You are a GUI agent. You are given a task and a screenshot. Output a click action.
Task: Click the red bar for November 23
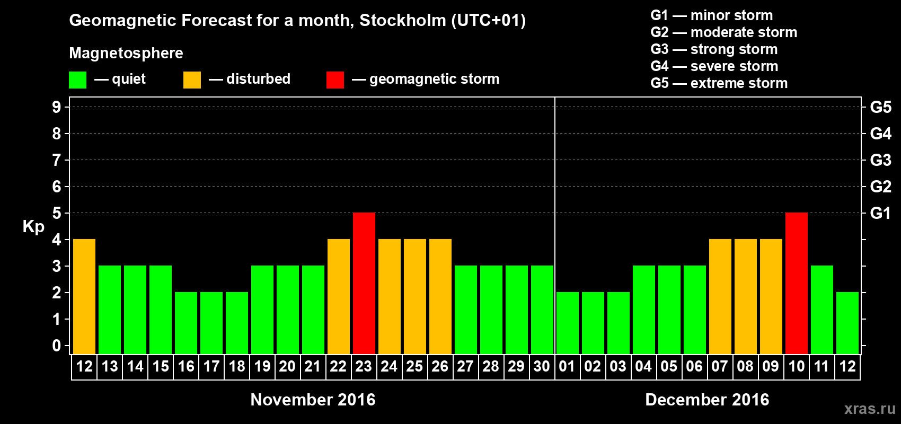coord(364,283)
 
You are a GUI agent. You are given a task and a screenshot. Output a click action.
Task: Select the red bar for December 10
coord(797,283)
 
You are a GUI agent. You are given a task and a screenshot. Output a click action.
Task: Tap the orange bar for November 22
coord(339,296)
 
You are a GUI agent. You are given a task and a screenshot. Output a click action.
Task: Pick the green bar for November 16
coord(186,323)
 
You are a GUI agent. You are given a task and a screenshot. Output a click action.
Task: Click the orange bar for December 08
coord(746,296)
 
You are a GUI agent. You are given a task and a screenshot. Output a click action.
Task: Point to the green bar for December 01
coord(568,323)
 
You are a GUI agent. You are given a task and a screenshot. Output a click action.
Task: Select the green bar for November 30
coord(542,310)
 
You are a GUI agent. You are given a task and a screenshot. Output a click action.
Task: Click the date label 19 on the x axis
coord(262,366)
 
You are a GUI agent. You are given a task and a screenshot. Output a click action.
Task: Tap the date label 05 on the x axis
coord(669,366)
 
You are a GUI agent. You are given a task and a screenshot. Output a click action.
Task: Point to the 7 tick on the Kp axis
coord(57,160)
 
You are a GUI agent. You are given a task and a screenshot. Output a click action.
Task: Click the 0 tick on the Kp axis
coord(57,346)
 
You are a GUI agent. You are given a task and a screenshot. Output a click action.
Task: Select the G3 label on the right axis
coord(880,160)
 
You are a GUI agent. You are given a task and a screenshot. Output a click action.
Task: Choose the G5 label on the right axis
coord(880,107)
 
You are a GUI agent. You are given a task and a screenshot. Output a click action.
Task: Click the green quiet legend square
coord(78,80)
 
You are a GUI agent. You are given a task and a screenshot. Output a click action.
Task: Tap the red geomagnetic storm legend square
coord(335,80)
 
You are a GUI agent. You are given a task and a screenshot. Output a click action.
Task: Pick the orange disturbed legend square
coord(192,80)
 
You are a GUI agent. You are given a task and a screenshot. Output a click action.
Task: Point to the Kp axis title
coord(33,226)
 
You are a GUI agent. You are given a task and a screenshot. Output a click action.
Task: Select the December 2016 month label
coord(707,400)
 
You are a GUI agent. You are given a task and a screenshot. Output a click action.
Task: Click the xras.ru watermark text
coord(870,409)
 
